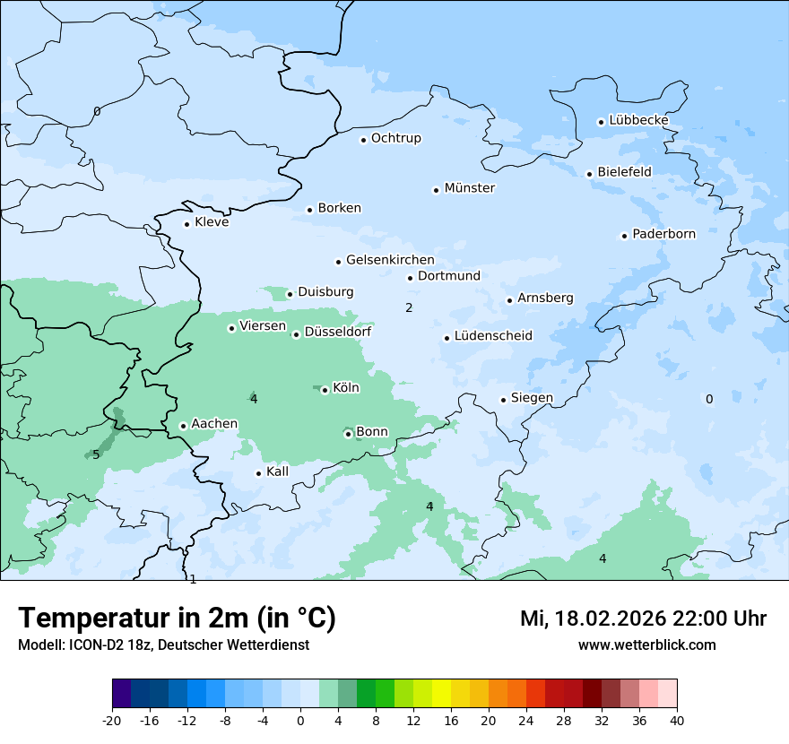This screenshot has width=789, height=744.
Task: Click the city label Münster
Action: click(x=470, y=188)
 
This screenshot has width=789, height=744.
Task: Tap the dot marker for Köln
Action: click(x=325, y=390)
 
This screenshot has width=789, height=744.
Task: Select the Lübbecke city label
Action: click(x=638, y=120)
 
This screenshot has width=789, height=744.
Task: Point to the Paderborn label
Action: click(x=663, y=234)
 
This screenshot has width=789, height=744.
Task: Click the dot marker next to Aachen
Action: click(x=183, y=426)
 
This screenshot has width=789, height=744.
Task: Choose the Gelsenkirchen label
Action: click(x=390, y=260)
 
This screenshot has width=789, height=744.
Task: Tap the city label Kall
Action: click(x=278, y=471)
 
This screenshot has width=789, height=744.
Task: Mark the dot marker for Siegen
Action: click(x=504, y=400)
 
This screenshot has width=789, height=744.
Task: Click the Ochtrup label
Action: click(x=396, y=138)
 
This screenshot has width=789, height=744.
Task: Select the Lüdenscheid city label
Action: click(x=493, y=336)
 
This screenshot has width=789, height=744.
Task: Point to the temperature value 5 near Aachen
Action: click(x=96, y=454)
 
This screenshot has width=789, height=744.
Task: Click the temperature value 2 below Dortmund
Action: click(x=409, y=307)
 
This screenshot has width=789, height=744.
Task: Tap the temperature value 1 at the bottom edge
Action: click(x=193, y=579)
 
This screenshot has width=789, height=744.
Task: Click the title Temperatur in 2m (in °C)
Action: click(x=177, y=618)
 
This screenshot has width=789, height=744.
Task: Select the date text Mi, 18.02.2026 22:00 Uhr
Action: click(x=643, y=619)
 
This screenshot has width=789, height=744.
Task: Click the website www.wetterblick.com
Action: click(x=646, y=645)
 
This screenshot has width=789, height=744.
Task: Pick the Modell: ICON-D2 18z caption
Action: click(x=163, y=645)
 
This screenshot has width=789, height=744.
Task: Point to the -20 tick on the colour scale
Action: click(x=112, y=720)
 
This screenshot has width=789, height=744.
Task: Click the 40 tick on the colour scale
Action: click(x=676, y=720)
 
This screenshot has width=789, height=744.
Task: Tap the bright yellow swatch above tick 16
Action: click(x=441, y=694)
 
